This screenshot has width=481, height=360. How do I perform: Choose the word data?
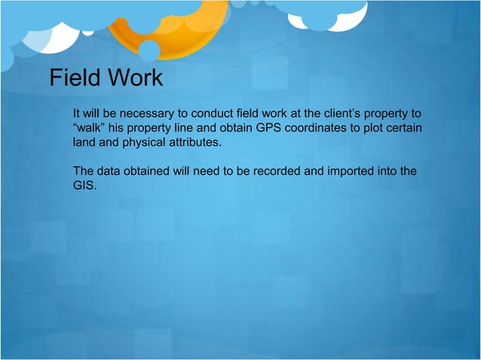109,171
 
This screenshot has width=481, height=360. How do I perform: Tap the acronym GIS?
84,185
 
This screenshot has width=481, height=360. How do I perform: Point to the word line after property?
185,127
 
